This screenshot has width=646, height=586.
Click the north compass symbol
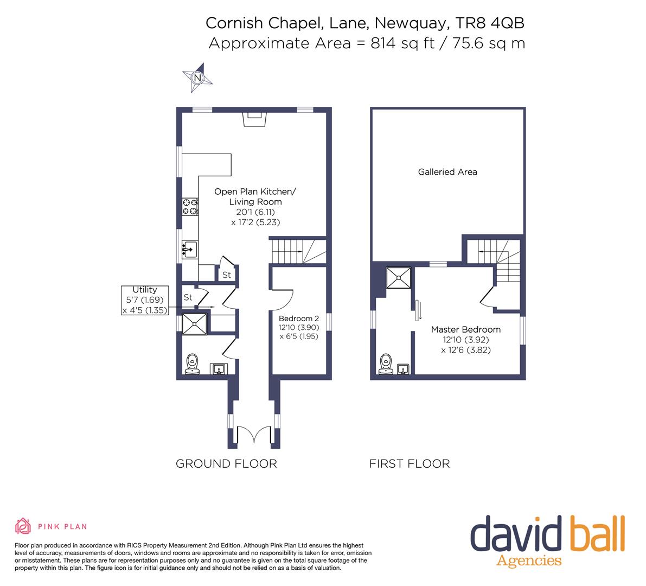[197, 78]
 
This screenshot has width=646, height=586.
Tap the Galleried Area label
[447, 172]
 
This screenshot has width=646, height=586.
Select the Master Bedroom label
[465, 329]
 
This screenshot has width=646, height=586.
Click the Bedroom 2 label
[299, 319]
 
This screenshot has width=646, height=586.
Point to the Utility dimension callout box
[145, 300]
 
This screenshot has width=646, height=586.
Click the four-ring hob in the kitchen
[190, 207]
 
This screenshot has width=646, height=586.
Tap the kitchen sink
[189, 249]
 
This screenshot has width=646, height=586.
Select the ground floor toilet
[192, 364]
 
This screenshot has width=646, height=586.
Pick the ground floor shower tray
[195, 324]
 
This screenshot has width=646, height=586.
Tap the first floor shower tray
[399, 278]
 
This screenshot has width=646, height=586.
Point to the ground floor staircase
[298, 251]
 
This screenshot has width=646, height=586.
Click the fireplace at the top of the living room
[254, 118]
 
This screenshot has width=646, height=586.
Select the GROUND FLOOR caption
[226, 463]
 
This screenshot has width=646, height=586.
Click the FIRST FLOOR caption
[410, 463]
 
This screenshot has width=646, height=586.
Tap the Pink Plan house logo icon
[23, 526]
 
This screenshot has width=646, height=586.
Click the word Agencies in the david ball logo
[529, 560]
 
